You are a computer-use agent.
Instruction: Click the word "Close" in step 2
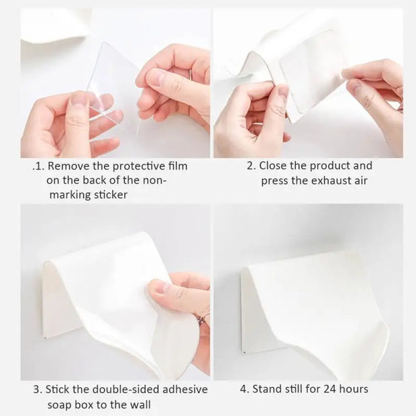pos(272,166)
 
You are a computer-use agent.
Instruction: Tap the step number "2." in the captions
pos(250,166)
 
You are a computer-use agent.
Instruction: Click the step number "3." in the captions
pos(38,389)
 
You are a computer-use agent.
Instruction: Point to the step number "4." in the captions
pos(244,389)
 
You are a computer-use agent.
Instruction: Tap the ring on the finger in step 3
pos(201,317)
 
